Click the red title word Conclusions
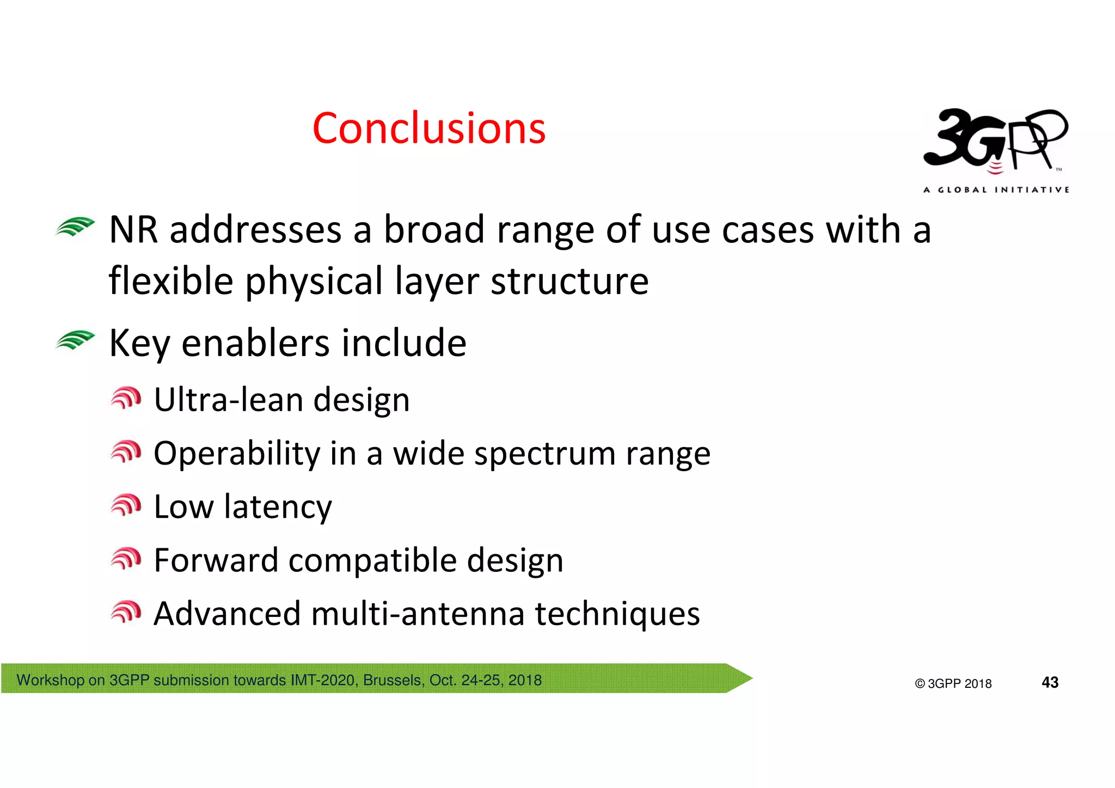pyautogui.click(x=428, y=129)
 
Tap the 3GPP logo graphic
pyautogui.click(x=995, y=141)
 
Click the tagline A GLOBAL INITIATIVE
pyautogui.click(x=996, y=190)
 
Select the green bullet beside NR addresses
pyautogui.click(x=75, y=227)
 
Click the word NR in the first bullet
pyautogui.click(x=133, y=230)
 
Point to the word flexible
pyautogui.click(x=171, y=281)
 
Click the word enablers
pyautogui.click(x=255, y=343)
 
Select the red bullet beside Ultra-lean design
pyautogui.click(x=126, y=398)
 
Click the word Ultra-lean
pyautogui.click(x=229, y=400)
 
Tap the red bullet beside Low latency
pyautogui.click(x=126, y=505)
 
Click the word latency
pyautogui.click(x=278, y=507)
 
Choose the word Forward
pyautogui.click(x=216, y=560)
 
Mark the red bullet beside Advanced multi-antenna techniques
pyautogui.click(x=126, y=612)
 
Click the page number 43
pyautogui.click(x=1050, y=682)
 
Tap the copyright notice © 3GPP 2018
pyautogui.click(x=953, y=683)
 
